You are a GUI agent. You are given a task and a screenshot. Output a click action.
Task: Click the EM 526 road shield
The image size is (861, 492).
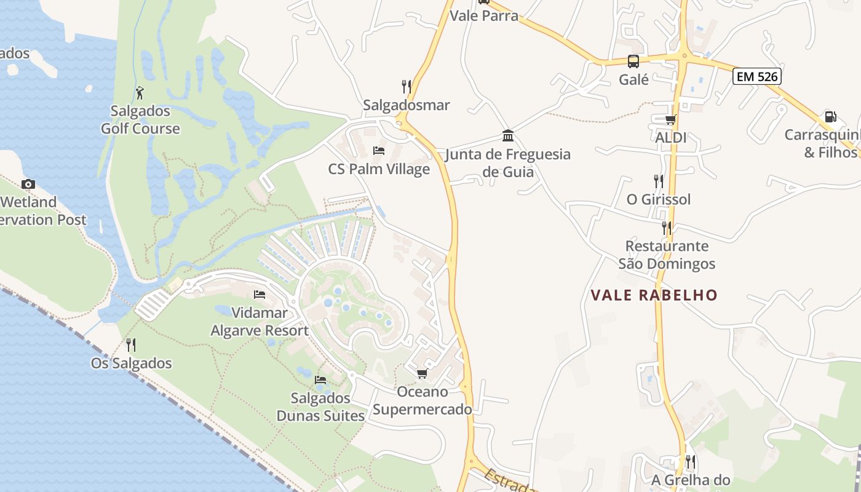[x=756, y=77]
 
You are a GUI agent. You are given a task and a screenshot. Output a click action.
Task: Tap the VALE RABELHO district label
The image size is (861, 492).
[x=654, y=295]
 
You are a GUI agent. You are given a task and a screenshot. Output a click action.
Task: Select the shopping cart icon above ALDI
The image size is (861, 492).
[x=670, y=119]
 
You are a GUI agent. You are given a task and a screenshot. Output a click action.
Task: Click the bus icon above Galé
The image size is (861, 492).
[x=633, y=61]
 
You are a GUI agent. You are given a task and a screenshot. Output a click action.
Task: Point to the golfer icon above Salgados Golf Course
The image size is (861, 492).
[x=140, y=93]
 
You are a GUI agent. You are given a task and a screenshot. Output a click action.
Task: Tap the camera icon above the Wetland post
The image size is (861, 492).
[x=28, y=184]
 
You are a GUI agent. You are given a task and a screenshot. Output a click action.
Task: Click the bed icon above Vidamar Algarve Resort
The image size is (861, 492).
[x=260, y=295]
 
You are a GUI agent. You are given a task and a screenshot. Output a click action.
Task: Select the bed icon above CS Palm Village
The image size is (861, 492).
[x=379, y=151]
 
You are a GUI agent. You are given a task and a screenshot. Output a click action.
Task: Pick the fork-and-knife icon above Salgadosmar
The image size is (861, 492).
[x=407, y=87]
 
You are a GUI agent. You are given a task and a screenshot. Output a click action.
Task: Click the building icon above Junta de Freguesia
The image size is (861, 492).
[x=508, y=135]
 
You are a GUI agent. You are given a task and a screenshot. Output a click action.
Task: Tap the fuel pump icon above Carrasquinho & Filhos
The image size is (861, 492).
[x=830, y=116]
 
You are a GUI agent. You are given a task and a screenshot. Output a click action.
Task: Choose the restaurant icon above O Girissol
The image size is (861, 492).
[x=659, y=181]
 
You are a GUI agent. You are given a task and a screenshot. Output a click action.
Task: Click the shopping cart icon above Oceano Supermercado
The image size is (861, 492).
[x=422, y=373]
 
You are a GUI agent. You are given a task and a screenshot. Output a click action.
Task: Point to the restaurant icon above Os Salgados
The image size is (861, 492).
[x=131, y=345]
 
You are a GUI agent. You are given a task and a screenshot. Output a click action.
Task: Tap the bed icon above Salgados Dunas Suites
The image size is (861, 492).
[x=320, y=380]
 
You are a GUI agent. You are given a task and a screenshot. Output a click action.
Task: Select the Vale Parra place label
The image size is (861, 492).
[x=484, y=16]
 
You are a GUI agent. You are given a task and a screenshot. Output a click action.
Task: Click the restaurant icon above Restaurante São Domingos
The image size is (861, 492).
[x=667, y=228]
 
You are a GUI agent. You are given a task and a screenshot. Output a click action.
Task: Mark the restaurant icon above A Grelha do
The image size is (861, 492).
[x=690, y=461]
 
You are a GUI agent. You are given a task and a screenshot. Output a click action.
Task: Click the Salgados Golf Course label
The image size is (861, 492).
[x=140, y=120]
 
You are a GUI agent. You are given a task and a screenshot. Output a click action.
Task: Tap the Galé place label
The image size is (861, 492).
[x=633, y=79]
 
